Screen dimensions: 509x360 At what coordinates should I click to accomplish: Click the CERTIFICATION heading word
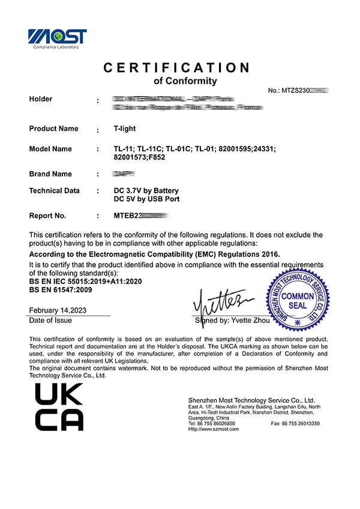(x=176, y=68)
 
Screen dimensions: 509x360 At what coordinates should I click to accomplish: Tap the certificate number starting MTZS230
(x=299, y=90)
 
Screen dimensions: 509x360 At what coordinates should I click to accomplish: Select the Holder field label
(x=41, y=99)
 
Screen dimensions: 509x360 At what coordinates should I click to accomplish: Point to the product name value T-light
(x=125, y=128)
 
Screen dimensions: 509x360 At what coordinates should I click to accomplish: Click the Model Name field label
(x=50, y=149)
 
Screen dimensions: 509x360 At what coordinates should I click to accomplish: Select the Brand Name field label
(x=50, y=174)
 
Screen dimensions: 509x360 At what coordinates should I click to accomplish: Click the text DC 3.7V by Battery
(x=146, y=191)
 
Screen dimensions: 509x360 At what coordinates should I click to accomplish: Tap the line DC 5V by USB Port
(x=146, y=199)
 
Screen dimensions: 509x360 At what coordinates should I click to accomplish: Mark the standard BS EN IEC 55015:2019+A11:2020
(x=86, y=281)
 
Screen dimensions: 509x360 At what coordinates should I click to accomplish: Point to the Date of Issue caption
(x=50, y=321)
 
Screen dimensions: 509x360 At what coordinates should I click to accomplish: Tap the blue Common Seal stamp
(x=298, y=300)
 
